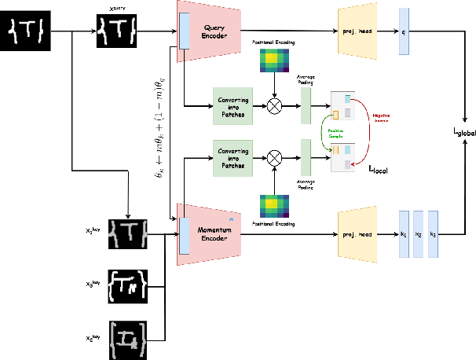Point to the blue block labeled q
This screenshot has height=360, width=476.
pyautogui.click(x=404, y=31)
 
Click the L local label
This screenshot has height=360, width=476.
pyautogui.click(x=379, y=168)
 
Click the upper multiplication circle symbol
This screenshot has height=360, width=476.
pyautogui.click(x=275, y=105)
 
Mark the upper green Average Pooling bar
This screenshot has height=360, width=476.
pyautogui.click(x=306, y=105)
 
